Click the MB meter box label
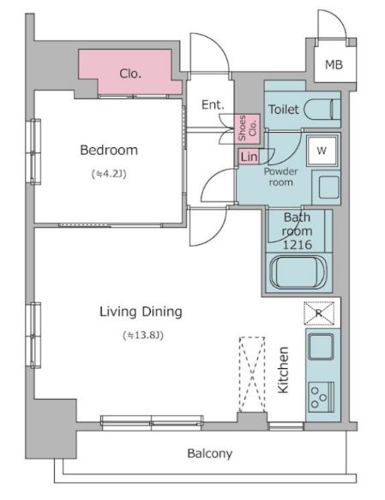click(334, 65)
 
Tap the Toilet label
click(284, 110)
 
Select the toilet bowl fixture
click(322, 110)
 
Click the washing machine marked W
click(322, 151)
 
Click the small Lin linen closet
click(249, 157)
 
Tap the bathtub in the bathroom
click(298, 272)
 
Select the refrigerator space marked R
click(319, 313)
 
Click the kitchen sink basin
click(322, 346)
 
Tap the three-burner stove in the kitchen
click(322, 397)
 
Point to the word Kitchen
click(283, 370)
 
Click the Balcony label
click(210, 454)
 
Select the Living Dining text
click(141, 312)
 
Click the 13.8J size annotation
click(143, 335)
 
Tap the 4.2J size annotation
click(109, 174)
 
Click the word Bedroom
click(109, 150)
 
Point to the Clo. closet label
click(130, 74)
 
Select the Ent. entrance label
click(213, 105)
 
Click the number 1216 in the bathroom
click(298, 245)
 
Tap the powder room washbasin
click(326, 187)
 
